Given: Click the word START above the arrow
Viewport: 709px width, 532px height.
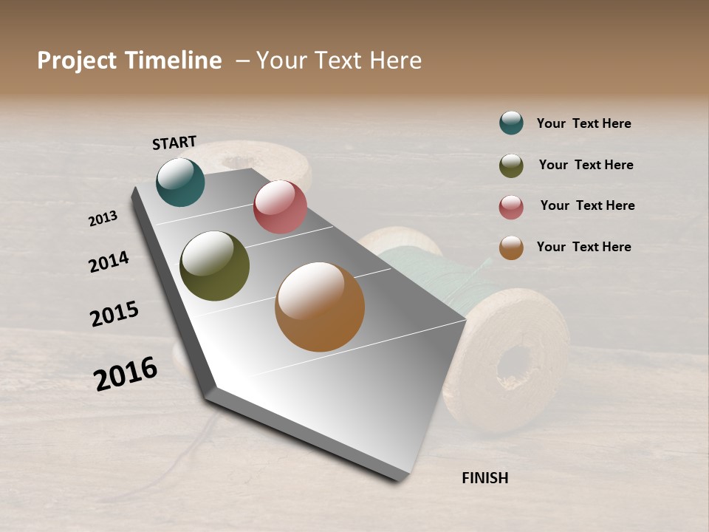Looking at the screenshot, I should pyautogui.click(x=174, y=143).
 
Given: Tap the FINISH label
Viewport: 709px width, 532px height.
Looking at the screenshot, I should pyautogui.click(x=485, y=478).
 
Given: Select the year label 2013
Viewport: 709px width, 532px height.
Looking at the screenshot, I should pyautogui.click(x=103, y=219).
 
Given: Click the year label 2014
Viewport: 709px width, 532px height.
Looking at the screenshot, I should pyautogui.click(x=109, y=262).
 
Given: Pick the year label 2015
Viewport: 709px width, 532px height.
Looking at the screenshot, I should pyautogui.click(x=114, y=314).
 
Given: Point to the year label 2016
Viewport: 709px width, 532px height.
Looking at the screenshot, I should pyautogui.click(x=126, y=373).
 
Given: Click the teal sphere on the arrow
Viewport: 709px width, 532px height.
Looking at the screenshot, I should pyautogui.click(x=180, y=183).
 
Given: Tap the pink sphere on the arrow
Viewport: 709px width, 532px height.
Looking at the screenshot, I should pyautogui.click(x=280, y=207).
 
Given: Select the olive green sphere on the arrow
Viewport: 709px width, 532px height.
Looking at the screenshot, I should pyautogui.click(x=214, y=266).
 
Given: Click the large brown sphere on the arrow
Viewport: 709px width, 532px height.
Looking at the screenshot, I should pyautogui.click(x=320, y=307).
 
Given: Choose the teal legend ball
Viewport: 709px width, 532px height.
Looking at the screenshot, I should pyautogui.click(x=511, y=123).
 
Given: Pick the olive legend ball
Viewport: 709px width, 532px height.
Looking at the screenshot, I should pyautogui.click(x=511, y=166).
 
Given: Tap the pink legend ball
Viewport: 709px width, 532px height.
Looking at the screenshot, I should pyautogui.click(x=511, y=207).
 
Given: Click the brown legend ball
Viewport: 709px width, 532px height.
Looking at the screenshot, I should pyautogui.click(x=511, y=248).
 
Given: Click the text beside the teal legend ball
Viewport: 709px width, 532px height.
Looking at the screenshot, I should pyautogui.click(x=584, y=123).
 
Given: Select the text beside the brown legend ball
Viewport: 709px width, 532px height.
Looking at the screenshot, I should pyautogui.click(x=584, y=247).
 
